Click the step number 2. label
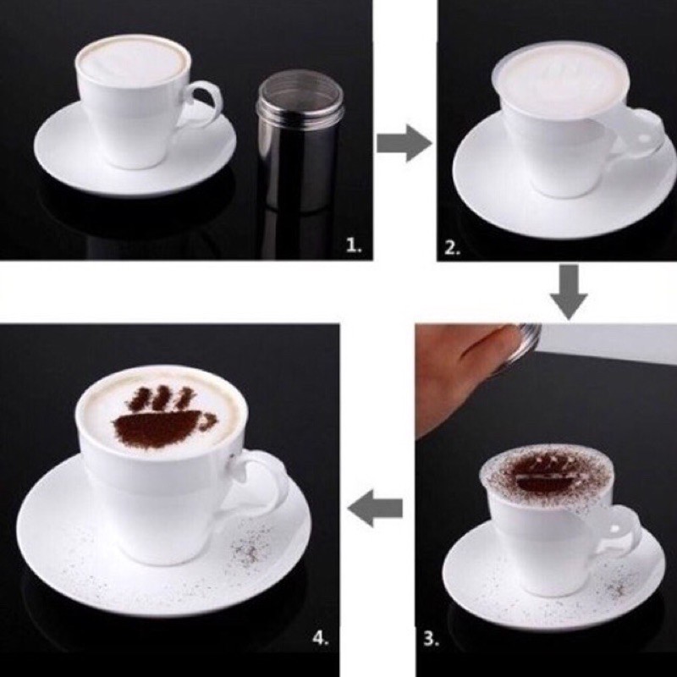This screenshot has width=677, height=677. [452, 249]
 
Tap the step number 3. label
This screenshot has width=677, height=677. [432, 640]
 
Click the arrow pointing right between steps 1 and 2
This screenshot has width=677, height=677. [404, 145]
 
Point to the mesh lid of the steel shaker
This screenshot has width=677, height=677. [287, 85]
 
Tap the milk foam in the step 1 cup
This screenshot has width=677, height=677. [133, 61]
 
